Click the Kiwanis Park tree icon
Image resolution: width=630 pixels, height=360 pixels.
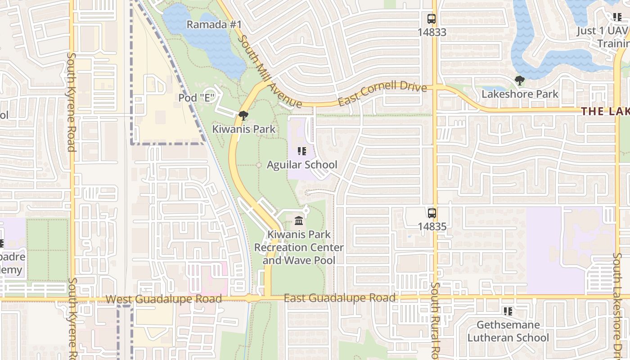(243, 116)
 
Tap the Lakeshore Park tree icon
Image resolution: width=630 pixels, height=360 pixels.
(520, 81)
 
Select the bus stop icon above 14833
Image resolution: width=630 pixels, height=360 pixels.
(432, 19)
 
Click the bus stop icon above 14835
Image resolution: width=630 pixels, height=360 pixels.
(432, 213)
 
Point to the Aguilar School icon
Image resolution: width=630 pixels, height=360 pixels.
(302, 151)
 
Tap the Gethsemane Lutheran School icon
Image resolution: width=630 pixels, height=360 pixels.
(508, 311)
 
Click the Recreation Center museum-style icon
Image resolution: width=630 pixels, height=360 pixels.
(298, 221)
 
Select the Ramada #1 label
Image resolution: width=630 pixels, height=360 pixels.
(214, 24)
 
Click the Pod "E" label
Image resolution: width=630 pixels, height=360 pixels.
(195, 98)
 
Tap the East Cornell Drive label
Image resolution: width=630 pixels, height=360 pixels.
(382, 92)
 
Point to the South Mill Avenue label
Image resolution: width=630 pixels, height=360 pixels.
(269, 72)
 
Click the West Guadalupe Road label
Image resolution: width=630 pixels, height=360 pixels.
(164, 299)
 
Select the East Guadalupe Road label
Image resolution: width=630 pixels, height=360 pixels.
(340, 298)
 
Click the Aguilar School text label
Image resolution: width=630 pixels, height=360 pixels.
(302, 165)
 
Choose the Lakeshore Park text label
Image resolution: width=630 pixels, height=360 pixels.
(520, 94)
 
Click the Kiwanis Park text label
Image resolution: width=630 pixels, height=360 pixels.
(243, 129)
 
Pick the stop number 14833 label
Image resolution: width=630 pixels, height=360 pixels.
(432, 32)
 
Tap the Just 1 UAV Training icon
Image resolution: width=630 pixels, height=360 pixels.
(617, 17)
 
